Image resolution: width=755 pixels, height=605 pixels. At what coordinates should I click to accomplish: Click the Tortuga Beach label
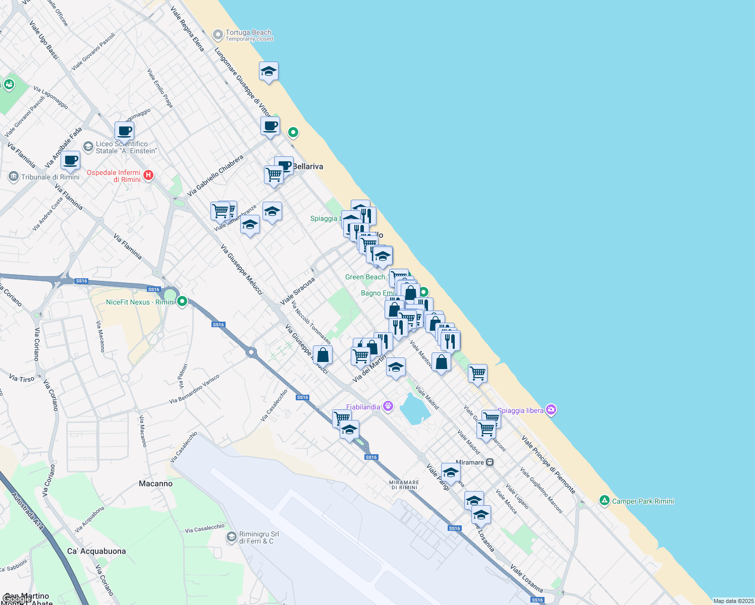(x=248, y=33)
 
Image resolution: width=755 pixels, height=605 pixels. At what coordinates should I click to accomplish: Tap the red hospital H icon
(x=148, y=175)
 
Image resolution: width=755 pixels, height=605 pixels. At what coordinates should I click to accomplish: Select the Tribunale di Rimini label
(x=50, y=177)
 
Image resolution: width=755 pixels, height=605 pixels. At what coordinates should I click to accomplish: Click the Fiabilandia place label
(x=363, y=407)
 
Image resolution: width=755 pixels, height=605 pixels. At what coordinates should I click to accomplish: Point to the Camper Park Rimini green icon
(x=605, y=501)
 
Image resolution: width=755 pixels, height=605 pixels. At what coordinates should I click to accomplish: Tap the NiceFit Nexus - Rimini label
(x=141, y=302)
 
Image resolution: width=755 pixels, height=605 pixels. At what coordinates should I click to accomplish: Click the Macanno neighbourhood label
(x=155, y=483)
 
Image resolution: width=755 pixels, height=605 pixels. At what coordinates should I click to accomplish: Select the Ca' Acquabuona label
(x=96, y=551)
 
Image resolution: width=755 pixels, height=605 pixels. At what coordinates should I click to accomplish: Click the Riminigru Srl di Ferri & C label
(x=258, y=537)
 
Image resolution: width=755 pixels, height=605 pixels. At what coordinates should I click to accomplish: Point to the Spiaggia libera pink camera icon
(x=551, y=410)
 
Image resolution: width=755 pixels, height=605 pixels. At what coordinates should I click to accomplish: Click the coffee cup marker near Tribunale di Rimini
(x=71, y=160)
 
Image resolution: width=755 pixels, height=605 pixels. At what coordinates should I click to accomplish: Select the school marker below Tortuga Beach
(x=269, y=72)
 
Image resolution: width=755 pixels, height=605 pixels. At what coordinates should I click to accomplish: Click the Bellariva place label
(x=308, y=166)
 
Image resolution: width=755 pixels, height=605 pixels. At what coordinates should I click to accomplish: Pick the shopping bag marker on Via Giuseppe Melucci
(x=323, y=355)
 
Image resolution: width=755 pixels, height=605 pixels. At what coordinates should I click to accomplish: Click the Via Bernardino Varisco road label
(x=194, y=389)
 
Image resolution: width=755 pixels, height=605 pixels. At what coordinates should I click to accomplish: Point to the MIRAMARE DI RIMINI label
(x=404, y=485)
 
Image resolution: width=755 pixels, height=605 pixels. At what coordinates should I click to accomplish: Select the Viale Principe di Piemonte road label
(x=549, y=464)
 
